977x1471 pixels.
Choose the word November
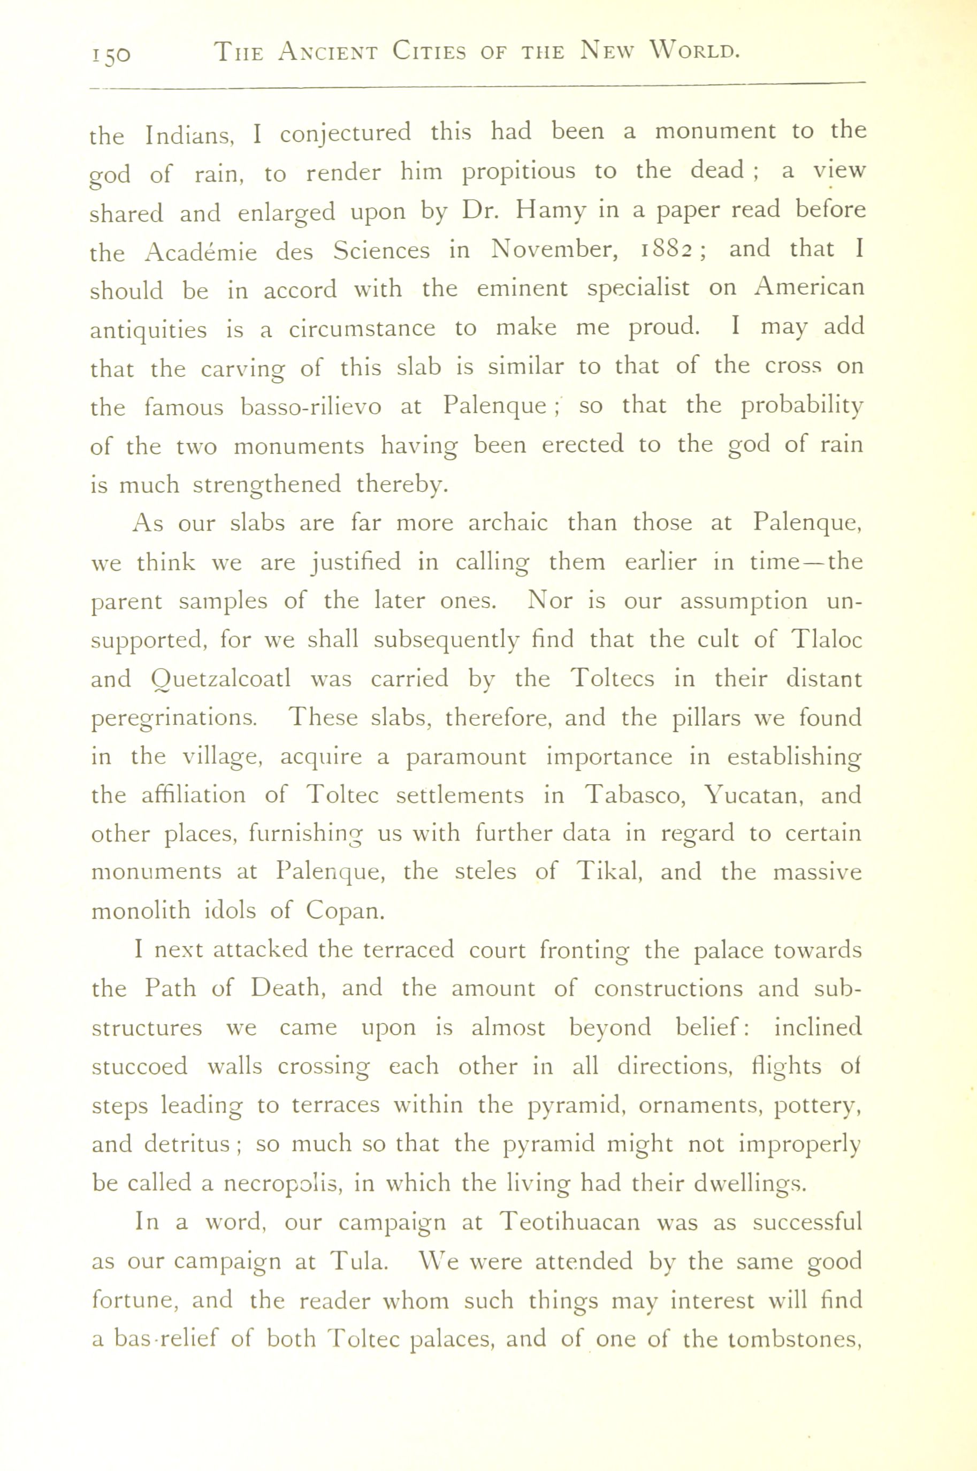coord(549,250)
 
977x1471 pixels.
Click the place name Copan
coord(345,911)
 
